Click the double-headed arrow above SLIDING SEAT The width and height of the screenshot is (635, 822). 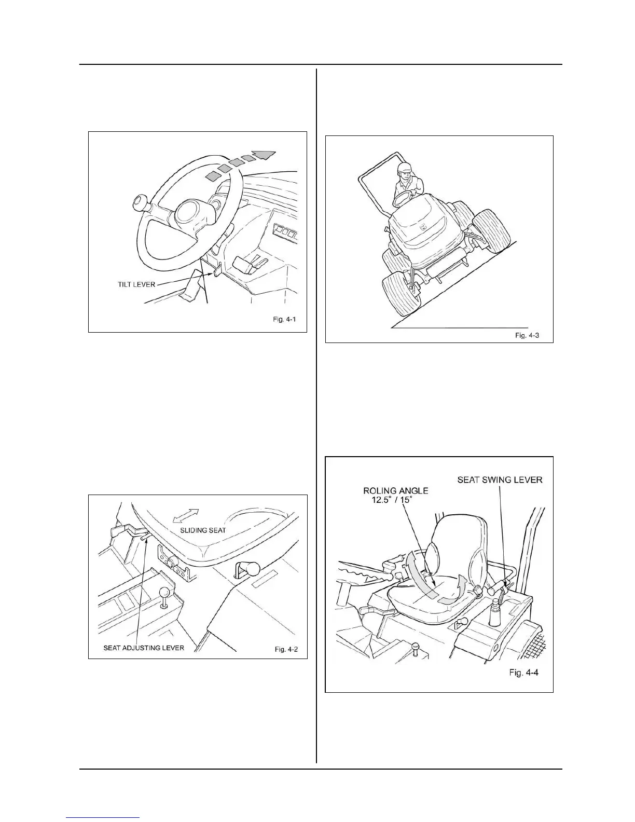tap(186, 515)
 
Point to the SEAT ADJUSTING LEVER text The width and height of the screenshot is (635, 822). tap(144, 648)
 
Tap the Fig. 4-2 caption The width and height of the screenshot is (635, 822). tap(285, 649)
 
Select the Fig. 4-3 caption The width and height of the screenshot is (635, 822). tap(527, 336)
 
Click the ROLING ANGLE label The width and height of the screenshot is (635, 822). tap(395, 490)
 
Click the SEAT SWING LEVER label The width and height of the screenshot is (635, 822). tap(500, 479)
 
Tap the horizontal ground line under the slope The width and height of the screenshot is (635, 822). tap(459, 328)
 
